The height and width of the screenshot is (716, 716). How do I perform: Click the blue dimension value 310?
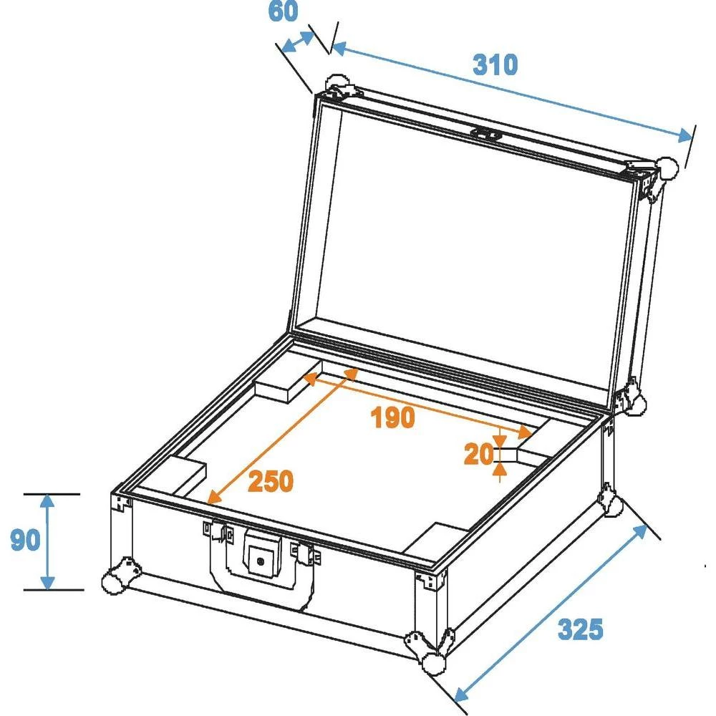(495, 64)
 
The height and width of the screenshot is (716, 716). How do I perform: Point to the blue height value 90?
(25, 541)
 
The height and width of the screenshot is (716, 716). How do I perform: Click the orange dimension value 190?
(393, 417)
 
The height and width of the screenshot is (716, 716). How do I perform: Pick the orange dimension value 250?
(271, 482)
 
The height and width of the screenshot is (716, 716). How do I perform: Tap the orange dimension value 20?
(478, 454)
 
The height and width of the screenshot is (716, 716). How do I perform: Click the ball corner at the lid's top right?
(667, 168)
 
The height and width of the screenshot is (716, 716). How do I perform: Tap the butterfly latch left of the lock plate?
(218, 532)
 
